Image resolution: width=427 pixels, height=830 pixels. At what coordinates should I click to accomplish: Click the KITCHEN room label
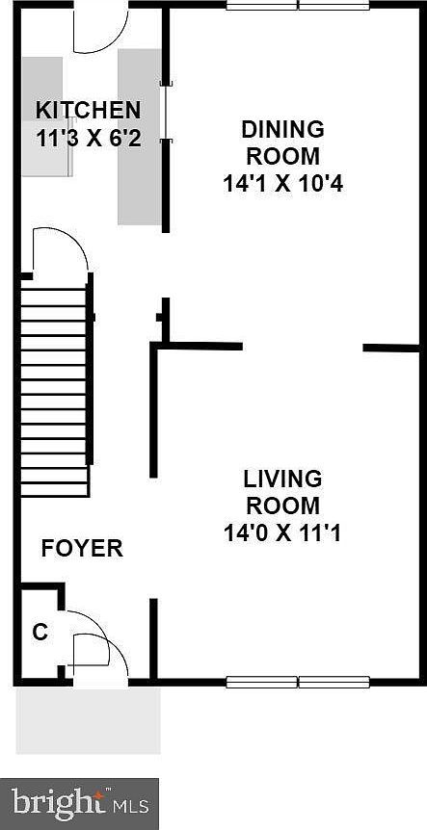point(88,110)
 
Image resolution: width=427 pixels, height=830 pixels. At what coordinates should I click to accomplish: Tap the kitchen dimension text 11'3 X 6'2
point(88,138)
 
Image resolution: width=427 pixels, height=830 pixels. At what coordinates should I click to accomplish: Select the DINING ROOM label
point(282,143)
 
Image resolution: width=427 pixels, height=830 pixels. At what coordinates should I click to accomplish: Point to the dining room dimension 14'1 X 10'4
point(282,182)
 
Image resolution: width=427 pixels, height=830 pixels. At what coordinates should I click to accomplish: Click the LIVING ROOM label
point(282,491)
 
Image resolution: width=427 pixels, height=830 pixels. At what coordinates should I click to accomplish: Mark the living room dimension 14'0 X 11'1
point(282,531)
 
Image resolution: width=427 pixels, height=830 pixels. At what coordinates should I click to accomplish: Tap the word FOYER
point(82,549)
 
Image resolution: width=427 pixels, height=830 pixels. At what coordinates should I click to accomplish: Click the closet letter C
point(40,633)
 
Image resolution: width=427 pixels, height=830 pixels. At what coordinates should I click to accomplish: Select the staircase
point(56,385)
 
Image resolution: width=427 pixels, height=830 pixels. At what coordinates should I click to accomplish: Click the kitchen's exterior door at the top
point(99,29)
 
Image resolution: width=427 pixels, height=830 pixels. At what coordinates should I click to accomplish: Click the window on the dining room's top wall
point(298,5)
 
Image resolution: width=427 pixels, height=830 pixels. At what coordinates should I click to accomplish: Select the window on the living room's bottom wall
point(298,682)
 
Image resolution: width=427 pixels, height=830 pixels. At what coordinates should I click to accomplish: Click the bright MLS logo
point(80,802)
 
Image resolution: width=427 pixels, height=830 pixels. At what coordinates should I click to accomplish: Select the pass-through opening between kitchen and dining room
point(166,113)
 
